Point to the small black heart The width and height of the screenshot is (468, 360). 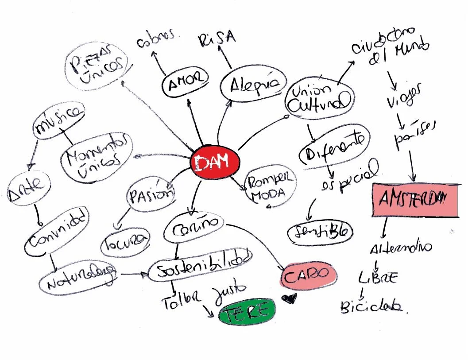[x=290, y=299]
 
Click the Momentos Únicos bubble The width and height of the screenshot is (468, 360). [x=97, y=156]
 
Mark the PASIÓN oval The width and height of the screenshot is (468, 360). [x=151, y=195]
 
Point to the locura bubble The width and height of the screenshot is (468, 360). [x=126, y=243]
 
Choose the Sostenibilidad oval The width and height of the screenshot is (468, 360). [x=200, y=266]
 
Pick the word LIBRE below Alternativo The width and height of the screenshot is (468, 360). [x=377, y=278]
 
